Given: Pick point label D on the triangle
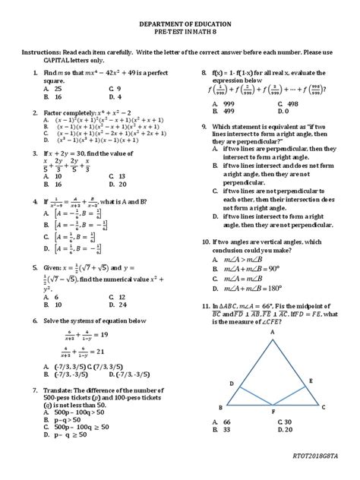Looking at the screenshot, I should (x=231, y=384).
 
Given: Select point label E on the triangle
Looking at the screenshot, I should (x=310, y=379).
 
